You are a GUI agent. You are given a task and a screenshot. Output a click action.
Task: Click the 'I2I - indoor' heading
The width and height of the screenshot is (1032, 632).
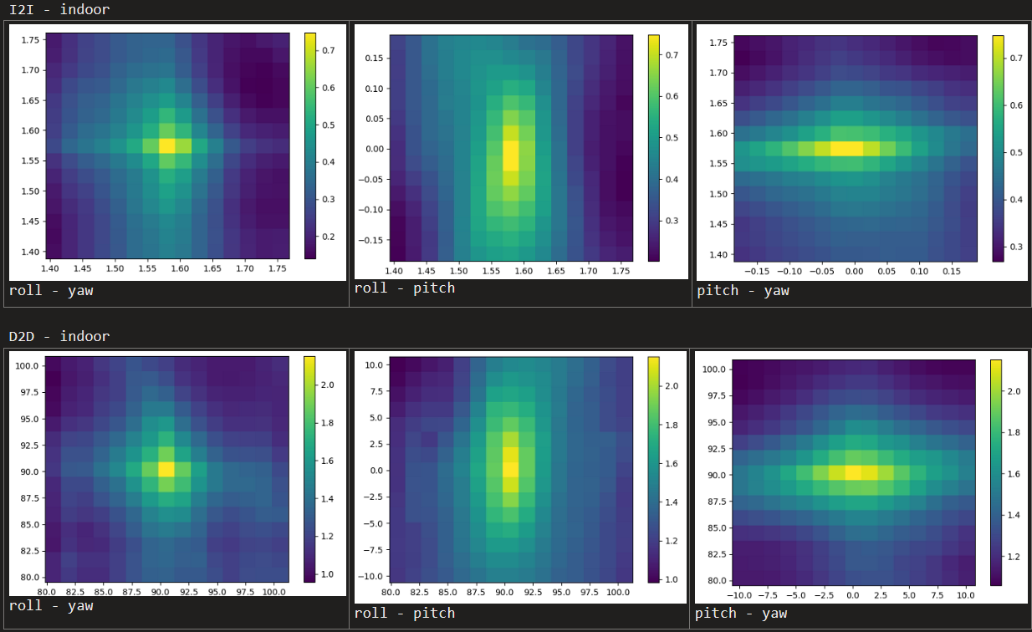(59, 10)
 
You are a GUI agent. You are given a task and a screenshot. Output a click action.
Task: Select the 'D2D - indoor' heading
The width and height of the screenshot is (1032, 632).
(59, 336)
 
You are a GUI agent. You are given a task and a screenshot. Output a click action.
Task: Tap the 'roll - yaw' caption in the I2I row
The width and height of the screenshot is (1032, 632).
(51, 291)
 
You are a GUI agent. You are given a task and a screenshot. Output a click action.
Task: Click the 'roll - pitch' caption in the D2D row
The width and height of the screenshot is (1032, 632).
(405, 613)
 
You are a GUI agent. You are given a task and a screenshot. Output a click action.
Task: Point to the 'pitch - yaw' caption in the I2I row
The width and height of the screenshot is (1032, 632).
(743, 290)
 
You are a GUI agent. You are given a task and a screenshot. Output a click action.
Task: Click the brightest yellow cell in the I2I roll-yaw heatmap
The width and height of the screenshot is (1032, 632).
(167, 145)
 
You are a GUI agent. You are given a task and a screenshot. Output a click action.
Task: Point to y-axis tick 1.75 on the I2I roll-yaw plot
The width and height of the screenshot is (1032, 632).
(31, 39)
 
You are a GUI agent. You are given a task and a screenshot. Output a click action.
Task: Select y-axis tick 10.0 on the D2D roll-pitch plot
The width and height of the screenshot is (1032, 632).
(374, 364)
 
